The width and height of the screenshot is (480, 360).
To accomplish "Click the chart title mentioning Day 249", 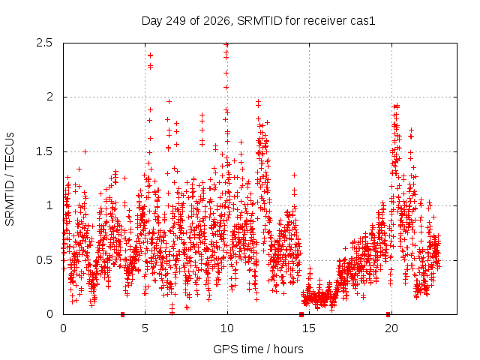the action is click(x=258, y=21).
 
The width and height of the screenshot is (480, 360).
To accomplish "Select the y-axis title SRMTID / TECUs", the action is click(x=10, y=179).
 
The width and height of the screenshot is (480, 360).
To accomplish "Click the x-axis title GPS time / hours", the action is click(x=258, y=349).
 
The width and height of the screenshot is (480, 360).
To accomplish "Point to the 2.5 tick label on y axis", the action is click(x=44, y=43).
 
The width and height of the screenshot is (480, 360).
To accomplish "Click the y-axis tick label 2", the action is click(x=49, y=97).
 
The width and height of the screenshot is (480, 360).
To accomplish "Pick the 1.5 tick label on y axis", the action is click(x=44, y=151).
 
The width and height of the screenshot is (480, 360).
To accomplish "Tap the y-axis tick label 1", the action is click(x=49, y=205).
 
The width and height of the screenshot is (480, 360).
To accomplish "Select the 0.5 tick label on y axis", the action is click(x=44, y=260).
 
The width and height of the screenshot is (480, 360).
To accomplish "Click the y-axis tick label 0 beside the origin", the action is click(x=49, y=314).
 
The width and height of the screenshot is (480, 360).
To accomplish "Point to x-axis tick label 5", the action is click(x=145, y=328).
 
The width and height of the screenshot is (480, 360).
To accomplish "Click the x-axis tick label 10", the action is click(x=227, y=328).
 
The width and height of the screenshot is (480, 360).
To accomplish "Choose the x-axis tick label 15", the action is click(x=309, y=328).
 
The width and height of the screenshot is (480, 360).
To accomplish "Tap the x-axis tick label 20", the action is click(x=391, y=328).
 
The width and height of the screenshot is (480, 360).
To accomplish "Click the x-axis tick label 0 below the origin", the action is click(x=63, y=328).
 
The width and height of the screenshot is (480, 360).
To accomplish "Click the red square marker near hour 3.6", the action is click(x=123, y=314).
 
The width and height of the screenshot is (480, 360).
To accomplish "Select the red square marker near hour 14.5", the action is click(x=301, y=314).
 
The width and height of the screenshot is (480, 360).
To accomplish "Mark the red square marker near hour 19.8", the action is click(x=388, y=314).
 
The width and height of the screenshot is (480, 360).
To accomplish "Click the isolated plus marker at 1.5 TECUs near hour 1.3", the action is click(x=85, y=151).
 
